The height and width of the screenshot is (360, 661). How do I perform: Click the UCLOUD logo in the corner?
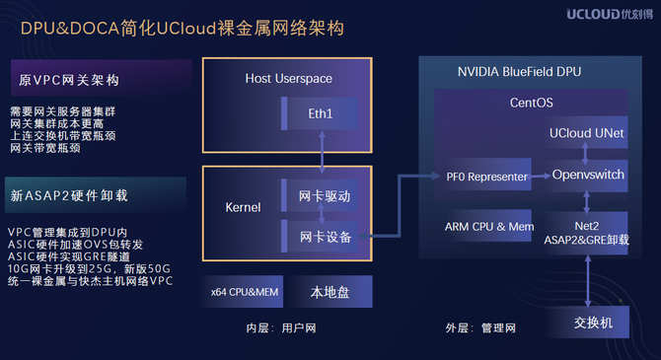[610, 14]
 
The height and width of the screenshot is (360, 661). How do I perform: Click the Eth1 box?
[319, 113]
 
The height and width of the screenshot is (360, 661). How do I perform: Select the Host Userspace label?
[288, 78]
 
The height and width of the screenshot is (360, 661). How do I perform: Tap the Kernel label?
[243, 207]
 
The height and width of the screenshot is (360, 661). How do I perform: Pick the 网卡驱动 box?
[319, 195]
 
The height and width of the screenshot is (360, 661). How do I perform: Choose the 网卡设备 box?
[319, 236]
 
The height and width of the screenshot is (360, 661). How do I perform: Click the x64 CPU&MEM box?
[244, 292]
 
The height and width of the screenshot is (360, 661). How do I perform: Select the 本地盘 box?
[330, 292]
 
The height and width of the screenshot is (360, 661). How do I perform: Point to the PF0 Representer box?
[484, 175]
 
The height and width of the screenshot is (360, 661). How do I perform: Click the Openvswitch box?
[586, 176]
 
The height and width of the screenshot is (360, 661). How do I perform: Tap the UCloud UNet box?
[586, 132]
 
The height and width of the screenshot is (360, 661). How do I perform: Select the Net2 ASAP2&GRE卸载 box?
[586, 233]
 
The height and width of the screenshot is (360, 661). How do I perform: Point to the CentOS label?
[531, 103]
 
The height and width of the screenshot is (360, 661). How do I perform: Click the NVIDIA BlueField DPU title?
[519, 72]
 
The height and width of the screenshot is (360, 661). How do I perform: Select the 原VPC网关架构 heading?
[69, 80]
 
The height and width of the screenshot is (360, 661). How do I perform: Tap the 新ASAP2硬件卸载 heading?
[69, 195]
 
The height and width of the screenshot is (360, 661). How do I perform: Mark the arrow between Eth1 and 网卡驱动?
[322, 152]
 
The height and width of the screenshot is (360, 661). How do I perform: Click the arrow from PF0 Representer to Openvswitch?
[542, 176]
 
